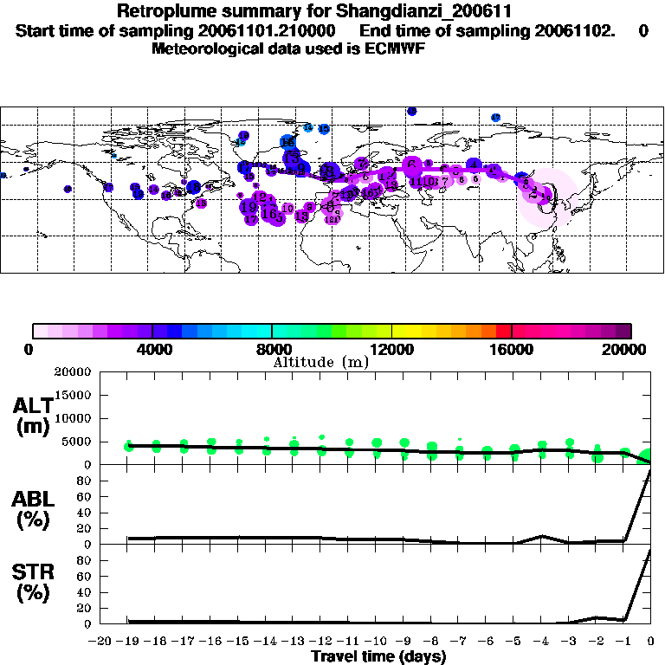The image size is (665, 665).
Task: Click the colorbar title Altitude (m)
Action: [320, 362]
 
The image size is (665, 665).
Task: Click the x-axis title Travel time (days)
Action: [378, 657]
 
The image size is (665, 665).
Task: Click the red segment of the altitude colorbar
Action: [503, 331]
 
